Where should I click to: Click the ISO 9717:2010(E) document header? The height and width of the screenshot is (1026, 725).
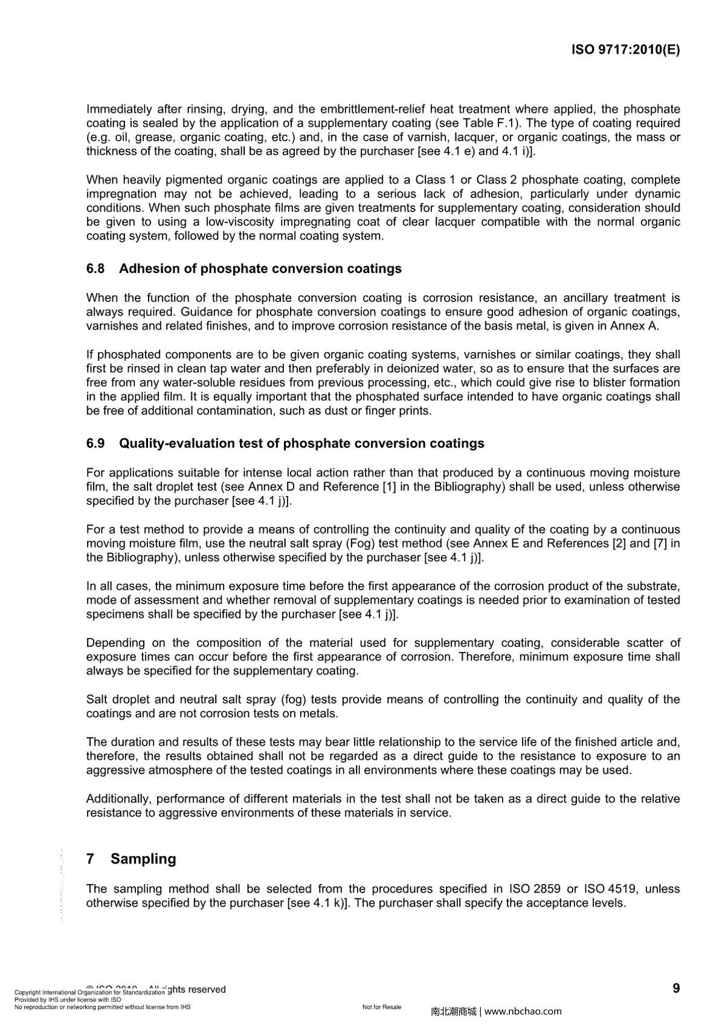point(625,50)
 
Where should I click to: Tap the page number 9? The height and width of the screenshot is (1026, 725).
point(676,989)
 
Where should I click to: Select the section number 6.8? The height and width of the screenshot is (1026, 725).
point(95,269)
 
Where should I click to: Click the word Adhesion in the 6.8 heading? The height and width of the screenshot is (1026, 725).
point(143,269)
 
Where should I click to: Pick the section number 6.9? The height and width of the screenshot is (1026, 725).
point(95,444)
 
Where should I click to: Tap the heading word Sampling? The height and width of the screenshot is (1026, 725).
point(143,859)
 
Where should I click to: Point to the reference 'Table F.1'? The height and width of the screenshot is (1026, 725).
point(490,123)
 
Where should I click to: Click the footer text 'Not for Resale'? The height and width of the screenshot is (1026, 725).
point(382,1007)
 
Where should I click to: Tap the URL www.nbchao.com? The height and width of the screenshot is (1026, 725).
point(523,1011)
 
